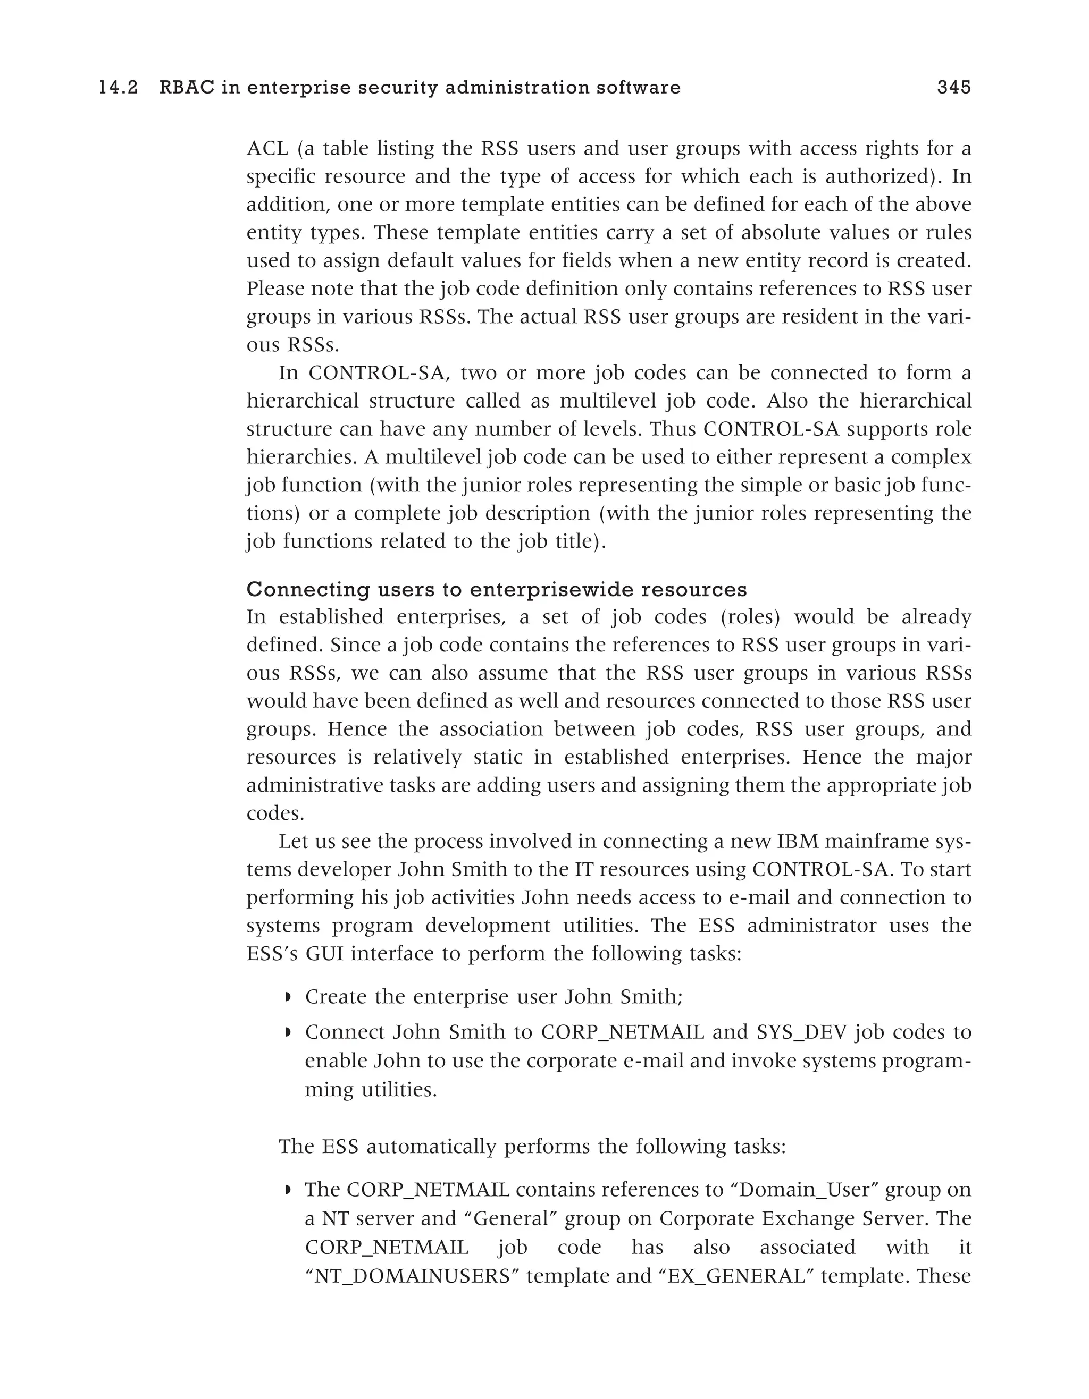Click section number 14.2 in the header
click(118, 88)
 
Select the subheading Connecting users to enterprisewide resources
click(496, 589)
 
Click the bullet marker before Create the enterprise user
click(288, 997)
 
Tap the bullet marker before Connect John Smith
click(288, 1032)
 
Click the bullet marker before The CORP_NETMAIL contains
click(288, 1190)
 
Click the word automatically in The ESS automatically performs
click(433, 1146)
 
